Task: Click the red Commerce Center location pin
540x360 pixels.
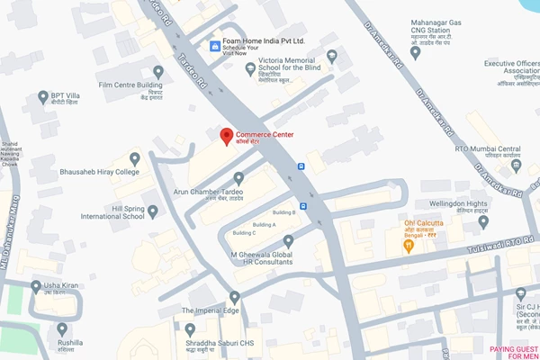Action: [x=226, y=137]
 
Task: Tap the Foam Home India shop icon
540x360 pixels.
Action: [x=213, y=45]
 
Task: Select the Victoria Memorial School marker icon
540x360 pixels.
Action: [x=250, y=68]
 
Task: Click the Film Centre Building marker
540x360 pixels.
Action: [x=158, y=71]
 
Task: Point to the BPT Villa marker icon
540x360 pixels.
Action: [x=43, y=96]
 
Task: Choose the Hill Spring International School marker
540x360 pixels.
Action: [x=152, y=211]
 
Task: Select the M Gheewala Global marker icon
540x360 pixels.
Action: [x=289, y=241]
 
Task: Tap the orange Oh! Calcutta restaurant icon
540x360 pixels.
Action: [x=409, y=243]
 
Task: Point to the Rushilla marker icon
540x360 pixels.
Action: [x=62, y=328]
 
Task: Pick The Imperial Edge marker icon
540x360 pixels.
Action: [x=235, y=297]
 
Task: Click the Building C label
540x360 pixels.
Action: [x=244, y=232]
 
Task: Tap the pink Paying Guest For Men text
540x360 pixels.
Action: [x=514, y=352]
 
